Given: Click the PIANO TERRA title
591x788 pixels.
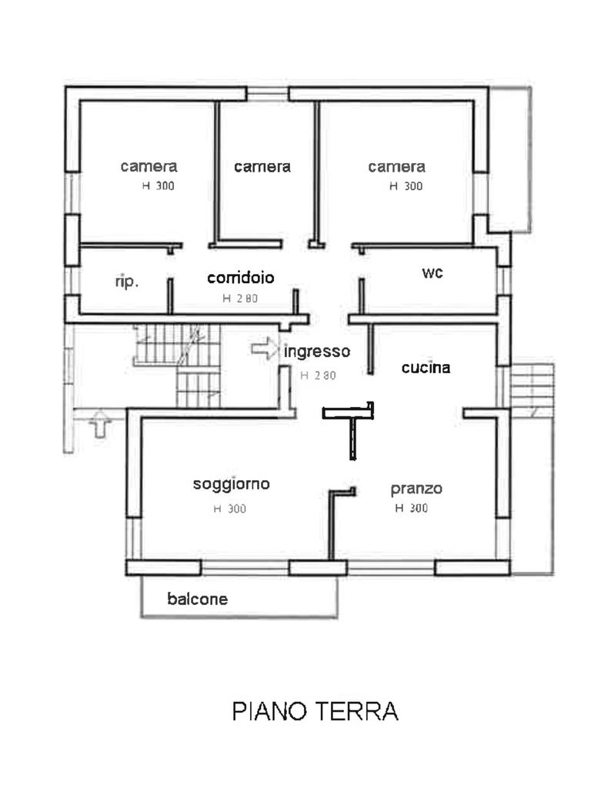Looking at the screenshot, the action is pyautogui.click(x=315, y=711).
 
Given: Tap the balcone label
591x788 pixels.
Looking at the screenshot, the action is pyautogui.click(x=198, y=599).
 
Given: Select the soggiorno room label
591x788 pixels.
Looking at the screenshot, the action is pyautogui.click(x=232, y=485).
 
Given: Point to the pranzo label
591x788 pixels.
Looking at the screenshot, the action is pyautogui.click(x=416, y=489).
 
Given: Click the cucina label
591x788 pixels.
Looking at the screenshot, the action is pyautogui.click(x=426, y=368).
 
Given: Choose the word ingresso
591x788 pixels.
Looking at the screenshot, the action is pyautogui.click(x=317, y=351).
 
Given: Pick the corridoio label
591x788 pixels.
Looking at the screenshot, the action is pyautogui.click(x=241, y=278).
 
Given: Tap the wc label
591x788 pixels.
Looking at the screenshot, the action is pyautogui.click(x=432, y=273).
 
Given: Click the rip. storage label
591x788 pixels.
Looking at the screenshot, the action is pyautogui.click(x=127, y=282).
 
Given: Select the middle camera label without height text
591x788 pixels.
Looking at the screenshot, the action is pyautogui.click(x=262, y=167).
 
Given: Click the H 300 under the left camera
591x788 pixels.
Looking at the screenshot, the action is pyautogui.click(x=159, y=186).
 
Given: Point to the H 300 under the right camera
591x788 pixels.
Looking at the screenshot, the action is pyautogui.click(x=406, y=186).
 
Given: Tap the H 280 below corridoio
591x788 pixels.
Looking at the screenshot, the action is pyautogui.click(x=240, y=299).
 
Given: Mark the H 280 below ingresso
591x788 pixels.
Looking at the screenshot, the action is pyautogui.click(x=318, y=376).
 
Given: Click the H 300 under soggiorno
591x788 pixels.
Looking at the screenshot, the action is pyautogui.click(x=229, y=509).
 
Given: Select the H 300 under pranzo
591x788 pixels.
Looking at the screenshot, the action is pyautogui.click(x=412, y=508).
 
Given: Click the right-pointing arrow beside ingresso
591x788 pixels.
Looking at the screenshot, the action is pyautogui.click(x=265, y=349).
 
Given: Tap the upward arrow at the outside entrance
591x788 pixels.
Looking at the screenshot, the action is pyautogui.click(x=100, y=423).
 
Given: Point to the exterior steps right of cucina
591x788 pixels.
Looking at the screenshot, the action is pyautogui.click(x=533, y=390).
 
